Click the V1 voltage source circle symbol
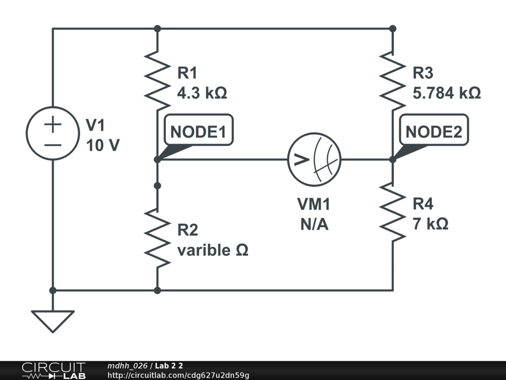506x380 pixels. tap(52, 133)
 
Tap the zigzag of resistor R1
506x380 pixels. tap(157, 81)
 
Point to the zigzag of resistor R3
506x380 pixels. tap(393, 81)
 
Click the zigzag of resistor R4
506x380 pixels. tap(393, 212)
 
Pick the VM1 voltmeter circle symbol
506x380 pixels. tap(314, 159)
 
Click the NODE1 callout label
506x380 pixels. tap(198, 132)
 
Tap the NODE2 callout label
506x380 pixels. tap(434, 132)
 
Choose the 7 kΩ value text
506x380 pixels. tap(430, 224)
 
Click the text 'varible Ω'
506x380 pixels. tap(212, 250)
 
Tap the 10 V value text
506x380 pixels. tap(103, 145)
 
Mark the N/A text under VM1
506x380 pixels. tap(314, 225)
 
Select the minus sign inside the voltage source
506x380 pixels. tap(52, 145)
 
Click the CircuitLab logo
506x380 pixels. tap(53, 371)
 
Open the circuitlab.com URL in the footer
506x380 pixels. tap(178, 376)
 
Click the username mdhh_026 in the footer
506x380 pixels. tap(127, 366)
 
